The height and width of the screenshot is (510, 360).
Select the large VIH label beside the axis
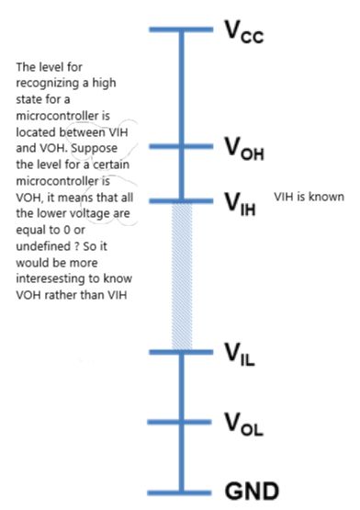(243, 202)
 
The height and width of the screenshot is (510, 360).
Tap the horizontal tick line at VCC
(182, 30)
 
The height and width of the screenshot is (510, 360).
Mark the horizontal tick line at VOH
(182, 144)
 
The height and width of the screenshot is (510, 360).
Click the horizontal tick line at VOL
(182, 422)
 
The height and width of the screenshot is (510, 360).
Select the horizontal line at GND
(182, 491)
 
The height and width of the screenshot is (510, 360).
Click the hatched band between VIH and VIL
(182, 276)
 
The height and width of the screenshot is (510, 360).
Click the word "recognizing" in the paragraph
(44, 82)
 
